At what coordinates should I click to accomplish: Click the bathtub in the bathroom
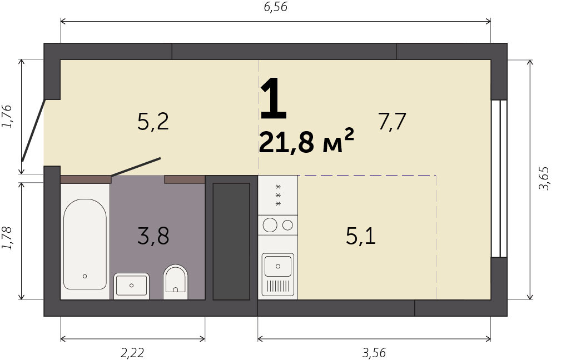click(85, 244)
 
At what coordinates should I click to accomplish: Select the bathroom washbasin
click(131, 286)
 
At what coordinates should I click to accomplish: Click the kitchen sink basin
click(278, 266)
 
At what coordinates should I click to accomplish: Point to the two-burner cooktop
click(278, 225)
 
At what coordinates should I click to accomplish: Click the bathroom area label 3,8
click(153, 236)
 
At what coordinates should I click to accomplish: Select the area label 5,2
click(153, 121)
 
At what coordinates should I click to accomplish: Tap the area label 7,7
click(392, 121)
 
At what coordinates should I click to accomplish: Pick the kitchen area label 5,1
click(360, 236)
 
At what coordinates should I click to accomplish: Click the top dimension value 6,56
click(276, 7)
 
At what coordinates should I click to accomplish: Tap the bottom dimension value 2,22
click(132, 352)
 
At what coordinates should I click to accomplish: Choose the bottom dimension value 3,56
click(374, 352)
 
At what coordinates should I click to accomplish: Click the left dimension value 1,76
click(7, 116)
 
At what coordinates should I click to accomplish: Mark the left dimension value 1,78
click(7, 238)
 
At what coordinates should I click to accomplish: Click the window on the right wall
click(499, 178)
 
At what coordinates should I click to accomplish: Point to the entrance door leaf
click(33, 130)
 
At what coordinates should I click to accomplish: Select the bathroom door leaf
click(136, 167)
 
